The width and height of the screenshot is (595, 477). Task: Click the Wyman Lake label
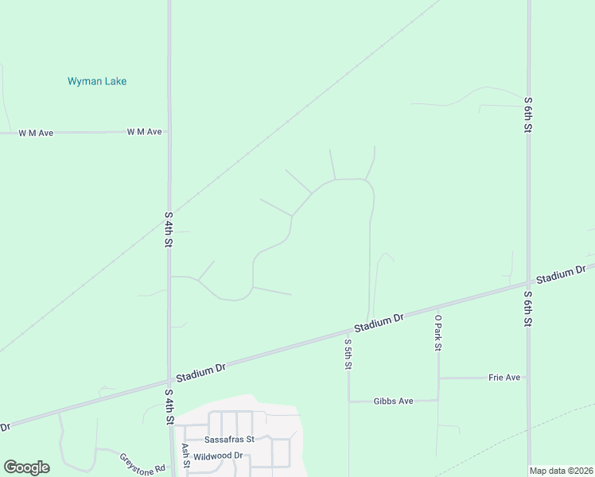point(97,81)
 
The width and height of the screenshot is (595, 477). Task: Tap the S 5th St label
point(348,354)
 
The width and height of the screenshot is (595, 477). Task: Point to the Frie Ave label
point(504,377)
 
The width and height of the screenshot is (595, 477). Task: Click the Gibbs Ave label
point(393,401)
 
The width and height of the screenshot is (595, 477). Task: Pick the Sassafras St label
point(229,439)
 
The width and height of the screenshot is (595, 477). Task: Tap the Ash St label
point(185,456)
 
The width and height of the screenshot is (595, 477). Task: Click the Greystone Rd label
point(142,463)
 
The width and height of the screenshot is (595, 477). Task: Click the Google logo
point(26,467)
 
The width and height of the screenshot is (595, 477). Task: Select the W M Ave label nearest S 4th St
point(144,132)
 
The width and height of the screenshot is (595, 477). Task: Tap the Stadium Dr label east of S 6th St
point(560,275)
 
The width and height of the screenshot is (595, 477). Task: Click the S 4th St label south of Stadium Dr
point(169,406)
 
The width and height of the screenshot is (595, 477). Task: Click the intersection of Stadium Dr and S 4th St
point(169,378)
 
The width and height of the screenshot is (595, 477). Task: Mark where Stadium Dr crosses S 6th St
point(528,282)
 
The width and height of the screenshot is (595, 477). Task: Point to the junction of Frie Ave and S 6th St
point(528,377)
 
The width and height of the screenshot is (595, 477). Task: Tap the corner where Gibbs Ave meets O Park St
point(437,401)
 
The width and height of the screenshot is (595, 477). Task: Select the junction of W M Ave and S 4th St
point(169,132)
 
